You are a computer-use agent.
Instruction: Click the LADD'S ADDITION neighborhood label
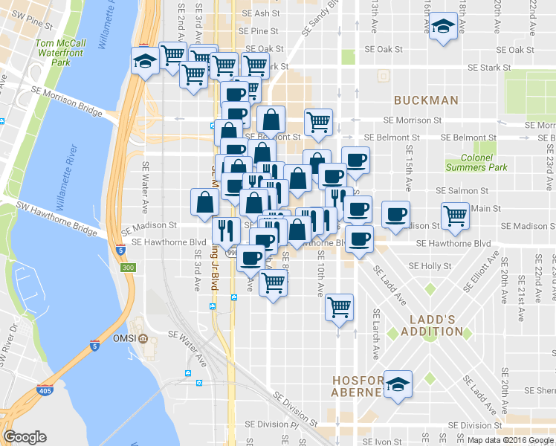point(431,325)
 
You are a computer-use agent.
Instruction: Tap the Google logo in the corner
point(25,437)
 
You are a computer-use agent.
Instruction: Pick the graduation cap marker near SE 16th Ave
point(443,28)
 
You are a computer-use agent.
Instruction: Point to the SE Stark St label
point(489,68)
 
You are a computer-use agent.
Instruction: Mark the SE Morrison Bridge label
point(67,100)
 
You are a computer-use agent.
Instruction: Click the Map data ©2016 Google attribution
point(509,439)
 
